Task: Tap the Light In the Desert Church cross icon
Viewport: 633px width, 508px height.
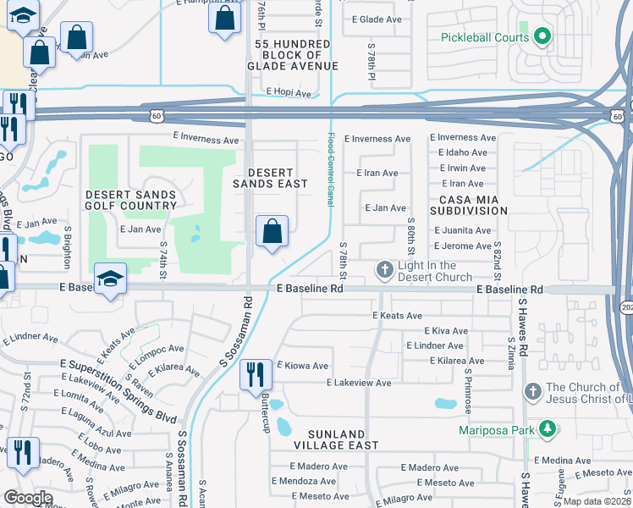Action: pyautogui.click(x=384, y=270)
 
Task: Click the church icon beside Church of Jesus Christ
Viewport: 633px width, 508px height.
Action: pyautogui.click(x=532, y=391)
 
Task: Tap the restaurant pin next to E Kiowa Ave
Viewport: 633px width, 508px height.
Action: pyautogui.click(x=255, y=374)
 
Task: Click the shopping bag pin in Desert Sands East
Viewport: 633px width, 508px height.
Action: pyautogui.click(x=272, y=231)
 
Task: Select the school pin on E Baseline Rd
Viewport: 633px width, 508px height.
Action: pyautogui.click(x=109, y=280)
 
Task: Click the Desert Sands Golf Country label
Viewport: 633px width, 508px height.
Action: pyautogui.click(x=131, y=200)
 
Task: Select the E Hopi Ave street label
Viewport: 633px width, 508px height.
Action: pyautogui.click(x=289, y=91)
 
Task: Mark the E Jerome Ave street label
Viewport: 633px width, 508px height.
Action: pyautogui.click(x=462, y=246)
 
